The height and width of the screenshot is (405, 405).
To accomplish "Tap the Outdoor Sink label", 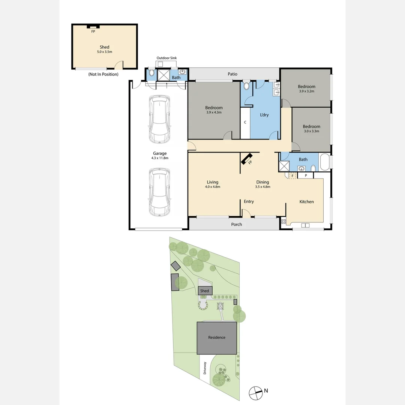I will (x=166, y=58).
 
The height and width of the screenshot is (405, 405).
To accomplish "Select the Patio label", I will (x=232, y=74).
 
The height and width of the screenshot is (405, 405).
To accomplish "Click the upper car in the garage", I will (x=159, y=119).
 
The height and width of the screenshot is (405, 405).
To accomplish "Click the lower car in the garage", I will (x=159, y=192).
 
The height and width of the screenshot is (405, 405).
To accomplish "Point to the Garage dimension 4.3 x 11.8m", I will (x=160, y=158).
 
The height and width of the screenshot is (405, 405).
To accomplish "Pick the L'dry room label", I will (x=264, y=115).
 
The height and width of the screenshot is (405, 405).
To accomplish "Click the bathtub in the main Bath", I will (x=324, y=162).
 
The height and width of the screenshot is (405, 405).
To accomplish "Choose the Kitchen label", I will (x=306, y=202).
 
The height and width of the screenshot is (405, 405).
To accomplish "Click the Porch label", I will (x=236, y=225).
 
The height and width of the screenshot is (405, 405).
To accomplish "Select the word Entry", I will (x=249, y=202).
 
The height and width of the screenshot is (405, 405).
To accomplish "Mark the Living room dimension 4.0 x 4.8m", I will (x=212, y=187).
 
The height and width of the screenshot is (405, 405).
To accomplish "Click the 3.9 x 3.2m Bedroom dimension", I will (x=306, y=91).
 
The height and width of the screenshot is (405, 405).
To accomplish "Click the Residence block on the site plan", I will (x=217, y=337).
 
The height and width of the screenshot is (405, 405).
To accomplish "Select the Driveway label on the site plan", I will (x=205, y=368).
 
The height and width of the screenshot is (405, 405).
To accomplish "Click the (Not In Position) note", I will (x=103, y=74).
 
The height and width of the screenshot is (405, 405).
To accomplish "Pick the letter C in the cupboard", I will (x=245, y=122).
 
